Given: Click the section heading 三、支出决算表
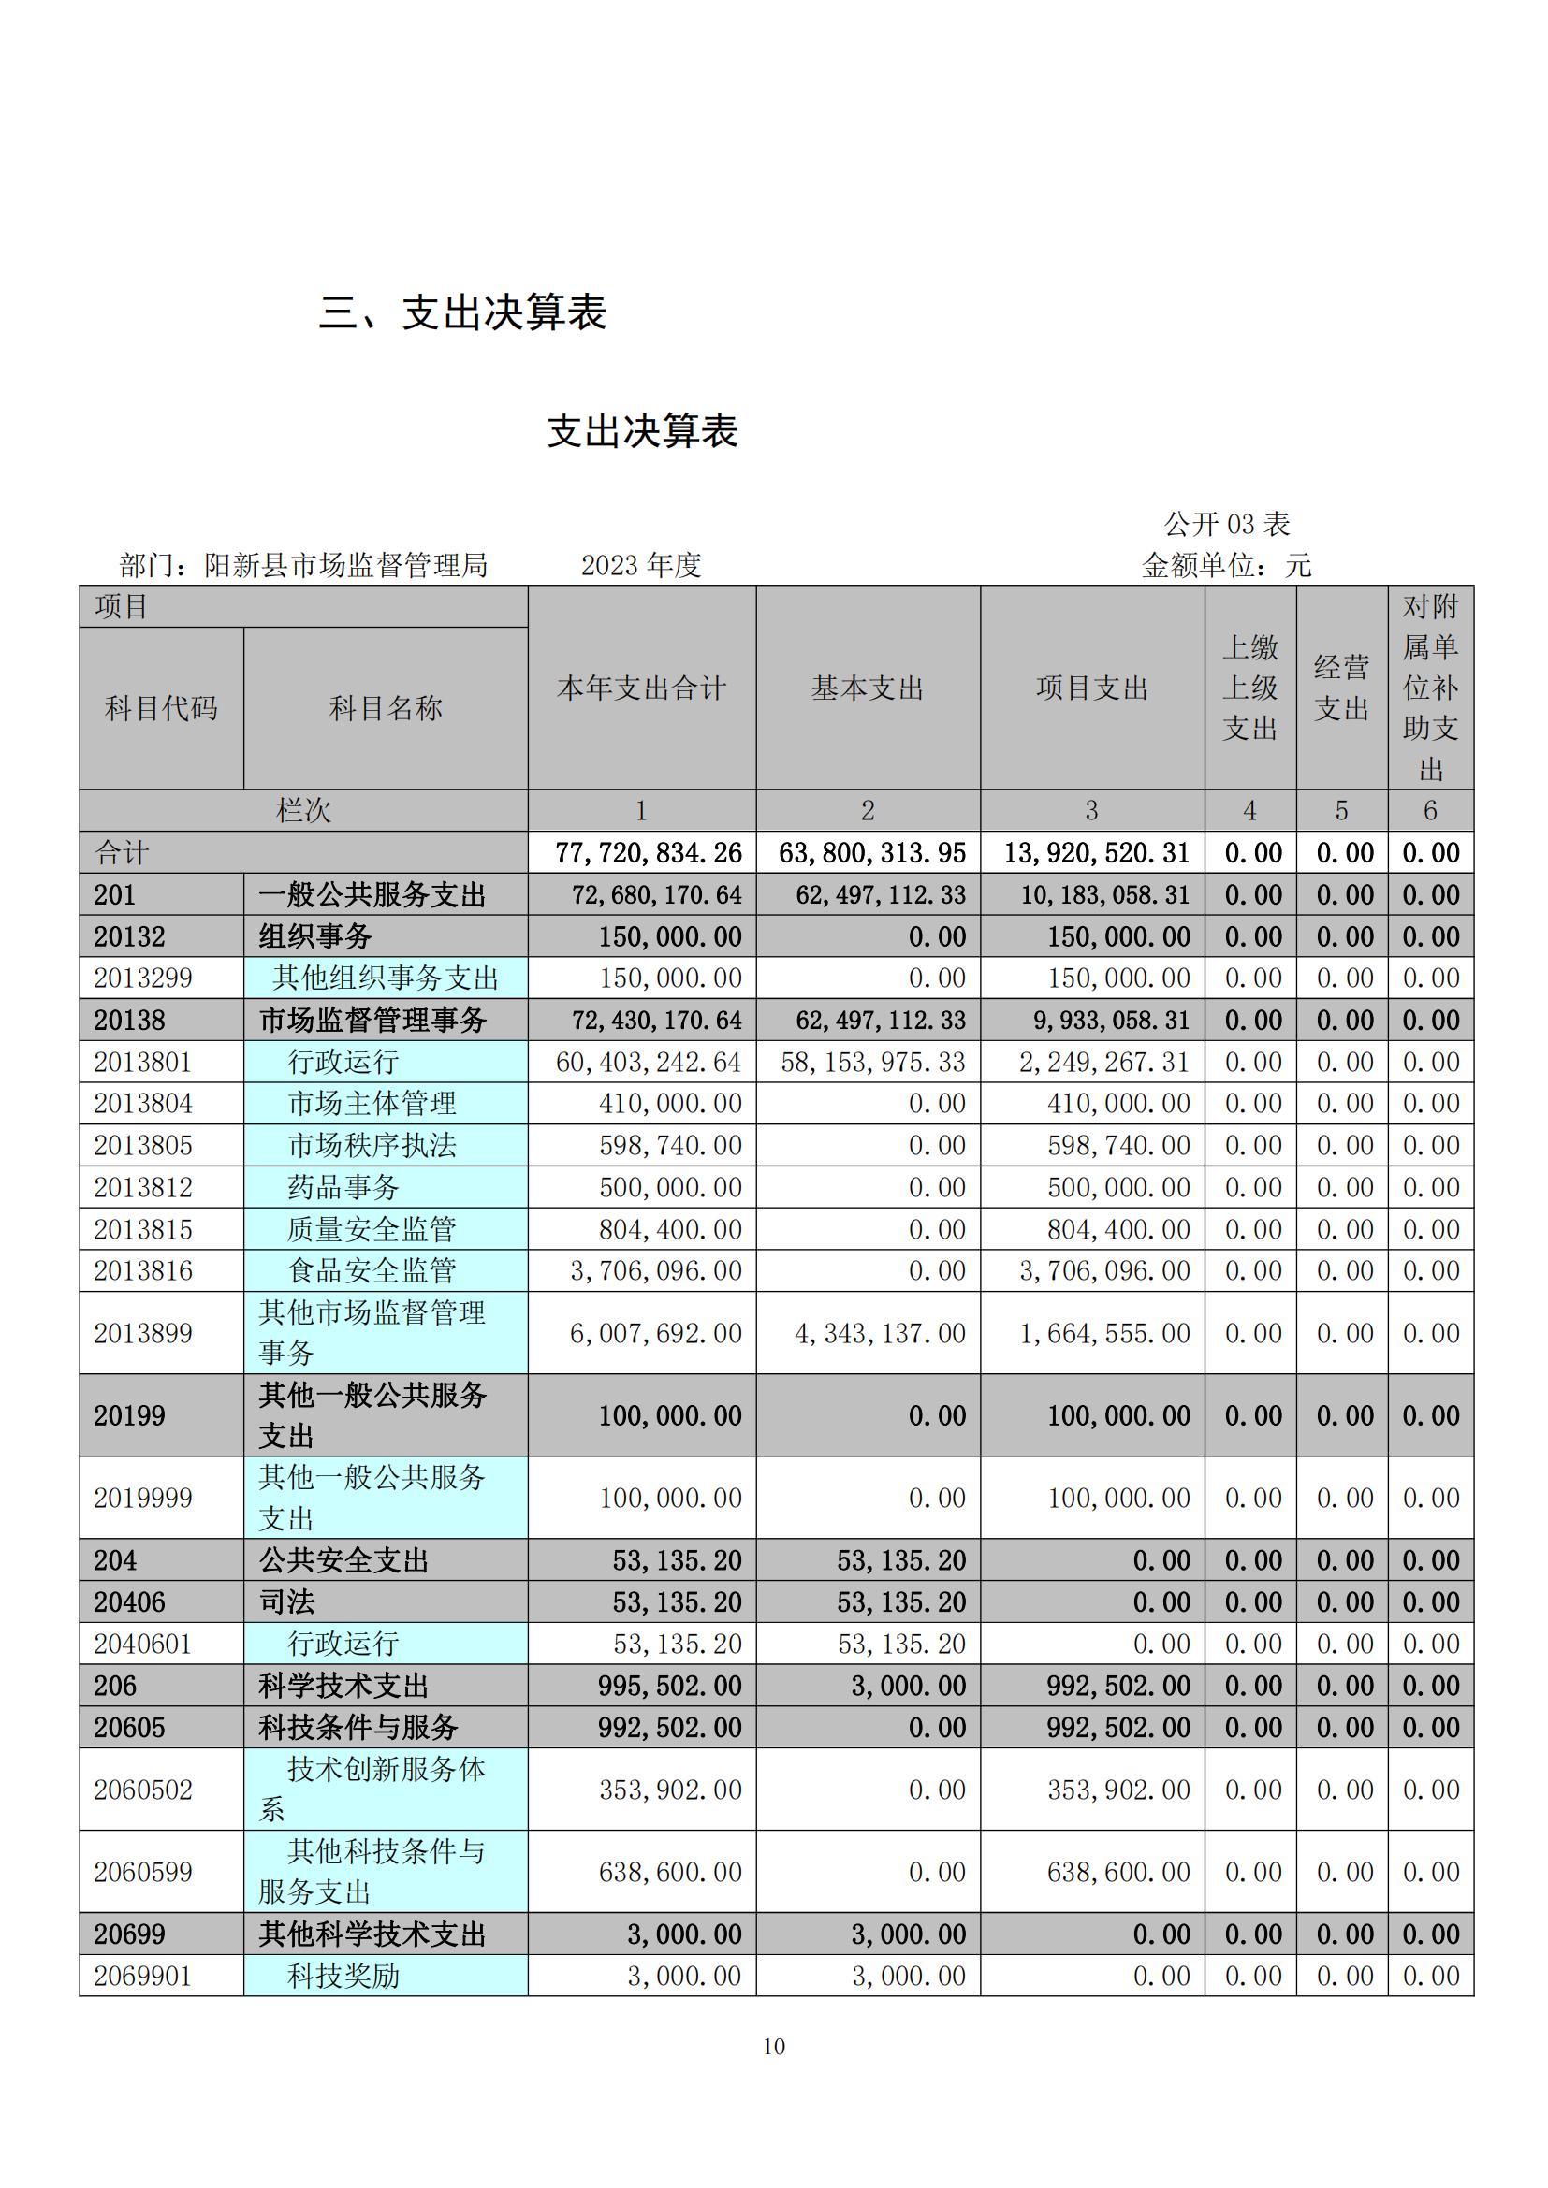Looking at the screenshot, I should [462, 312].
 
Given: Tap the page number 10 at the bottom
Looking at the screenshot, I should [773, 2046].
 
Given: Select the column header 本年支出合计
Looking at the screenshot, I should [641, 688].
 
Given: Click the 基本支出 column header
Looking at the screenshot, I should [868, 688].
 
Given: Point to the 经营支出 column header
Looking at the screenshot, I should [1341, 688].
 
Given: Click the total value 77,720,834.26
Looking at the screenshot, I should [649, 853].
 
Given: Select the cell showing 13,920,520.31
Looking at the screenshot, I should [1096, 853].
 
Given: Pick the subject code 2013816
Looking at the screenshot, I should [143, 1270].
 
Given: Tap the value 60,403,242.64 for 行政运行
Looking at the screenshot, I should [649, 1062].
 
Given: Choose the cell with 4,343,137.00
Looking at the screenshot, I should [880, 1333].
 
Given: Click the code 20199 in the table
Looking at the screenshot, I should [130, 1415].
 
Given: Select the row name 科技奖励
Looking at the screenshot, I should [343, 1976].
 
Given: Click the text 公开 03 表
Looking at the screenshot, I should [1226, 523].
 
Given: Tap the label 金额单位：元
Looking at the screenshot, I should [1226, 565].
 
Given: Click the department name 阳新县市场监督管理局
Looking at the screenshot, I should [345, 565].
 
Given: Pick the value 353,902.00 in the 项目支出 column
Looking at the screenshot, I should [1118, 1790].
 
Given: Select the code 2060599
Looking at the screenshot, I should [143, 1872].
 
